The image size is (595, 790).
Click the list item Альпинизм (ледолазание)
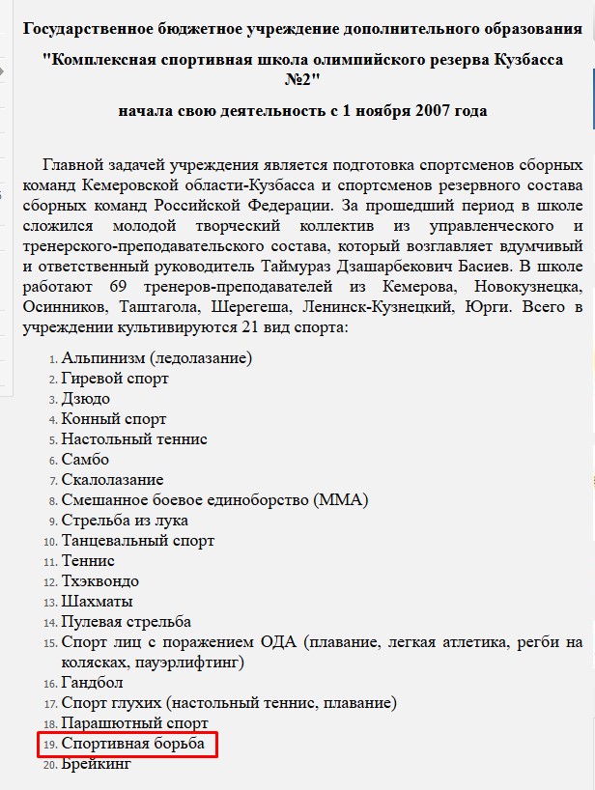156,358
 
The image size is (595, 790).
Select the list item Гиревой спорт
114,379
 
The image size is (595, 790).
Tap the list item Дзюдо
85,399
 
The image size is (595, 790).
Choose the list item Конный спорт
113,419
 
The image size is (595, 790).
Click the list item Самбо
85,460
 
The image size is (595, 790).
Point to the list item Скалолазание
112,480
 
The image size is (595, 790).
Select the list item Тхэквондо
99,581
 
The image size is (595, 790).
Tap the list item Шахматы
97,602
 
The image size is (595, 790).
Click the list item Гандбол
92,683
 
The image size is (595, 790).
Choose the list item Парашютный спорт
134,723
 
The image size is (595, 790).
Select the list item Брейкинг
95,765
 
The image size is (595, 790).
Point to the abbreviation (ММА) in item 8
340,500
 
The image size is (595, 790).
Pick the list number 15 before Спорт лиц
49,643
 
